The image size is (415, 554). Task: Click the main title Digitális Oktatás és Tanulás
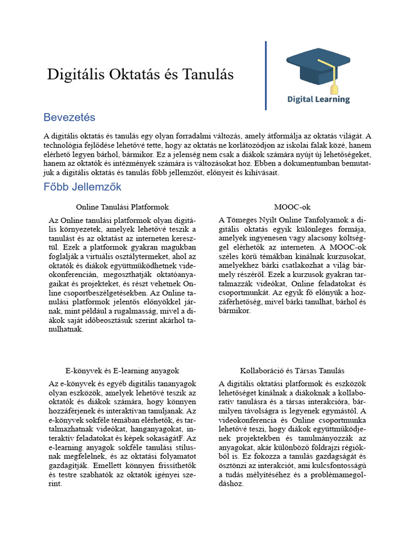point(140,75)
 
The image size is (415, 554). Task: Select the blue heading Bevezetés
point(69,117)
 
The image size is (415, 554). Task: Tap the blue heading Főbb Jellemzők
point(82,187)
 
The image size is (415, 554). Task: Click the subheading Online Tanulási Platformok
point(122,207)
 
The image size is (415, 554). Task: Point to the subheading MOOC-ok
point(292,207)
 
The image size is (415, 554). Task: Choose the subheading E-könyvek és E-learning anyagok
point(122,371)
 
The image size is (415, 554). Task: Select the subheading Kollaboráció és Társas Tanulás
point(292,371)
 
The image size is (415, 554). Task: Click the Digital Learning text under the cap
point(318,100)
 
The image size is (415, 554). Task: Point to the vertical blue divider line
point(266,76)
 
